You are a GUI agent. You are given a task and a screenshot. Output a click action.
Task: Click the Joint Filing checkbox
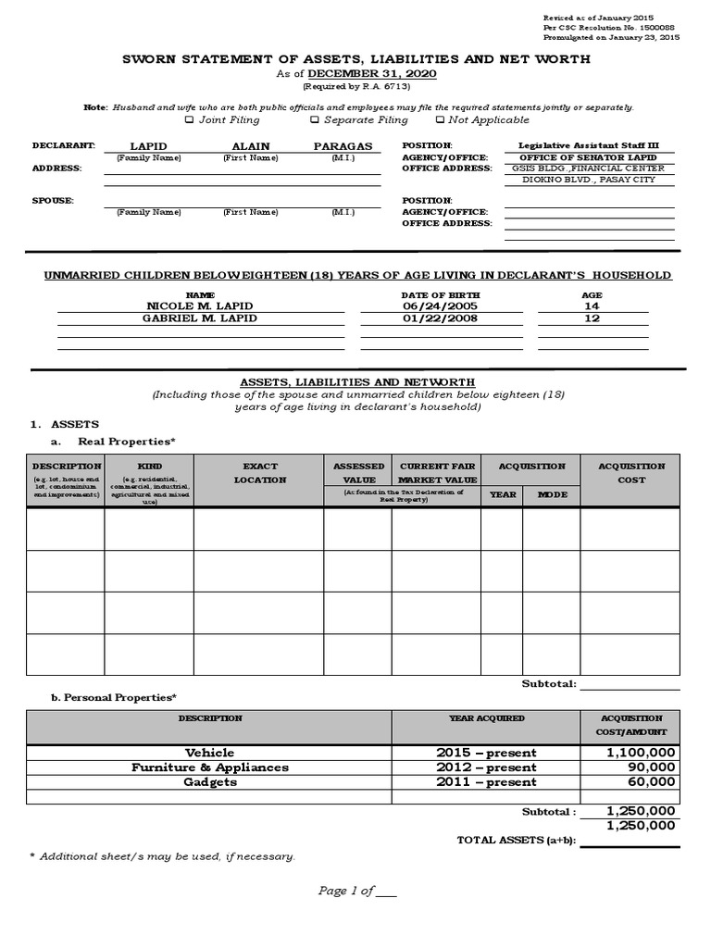coord(189,119)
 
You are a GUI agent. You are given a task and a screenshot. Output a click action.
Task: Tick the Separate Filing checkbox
coord(315,119)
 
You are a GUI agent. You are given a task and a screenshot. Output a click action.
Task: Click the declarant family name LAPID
coord(148,146)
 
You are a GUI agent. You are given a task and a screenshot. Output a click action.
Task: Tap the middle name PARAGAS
coord(343,146)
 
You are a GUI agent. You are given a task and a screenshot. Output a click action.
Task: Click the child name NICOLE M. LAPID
coord(200,306)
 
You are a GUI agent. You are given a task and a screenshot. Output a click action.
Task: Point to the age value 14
coord(592,306)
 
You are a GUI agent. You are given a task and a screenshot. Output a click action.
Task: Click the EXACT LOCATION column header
coord(259,473)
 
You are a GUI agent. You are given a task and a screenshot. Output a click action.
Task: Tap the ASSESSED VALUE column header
coord(356,473)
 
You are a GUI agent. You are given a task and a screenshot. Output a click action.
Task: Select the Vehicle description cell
coord(210,753)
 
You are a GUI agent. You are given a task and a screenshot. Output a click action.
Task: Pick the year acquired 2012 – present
coord(486,767)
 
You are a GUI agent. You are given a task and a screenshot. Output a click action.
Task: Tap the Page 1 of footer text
coord(356,891)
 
